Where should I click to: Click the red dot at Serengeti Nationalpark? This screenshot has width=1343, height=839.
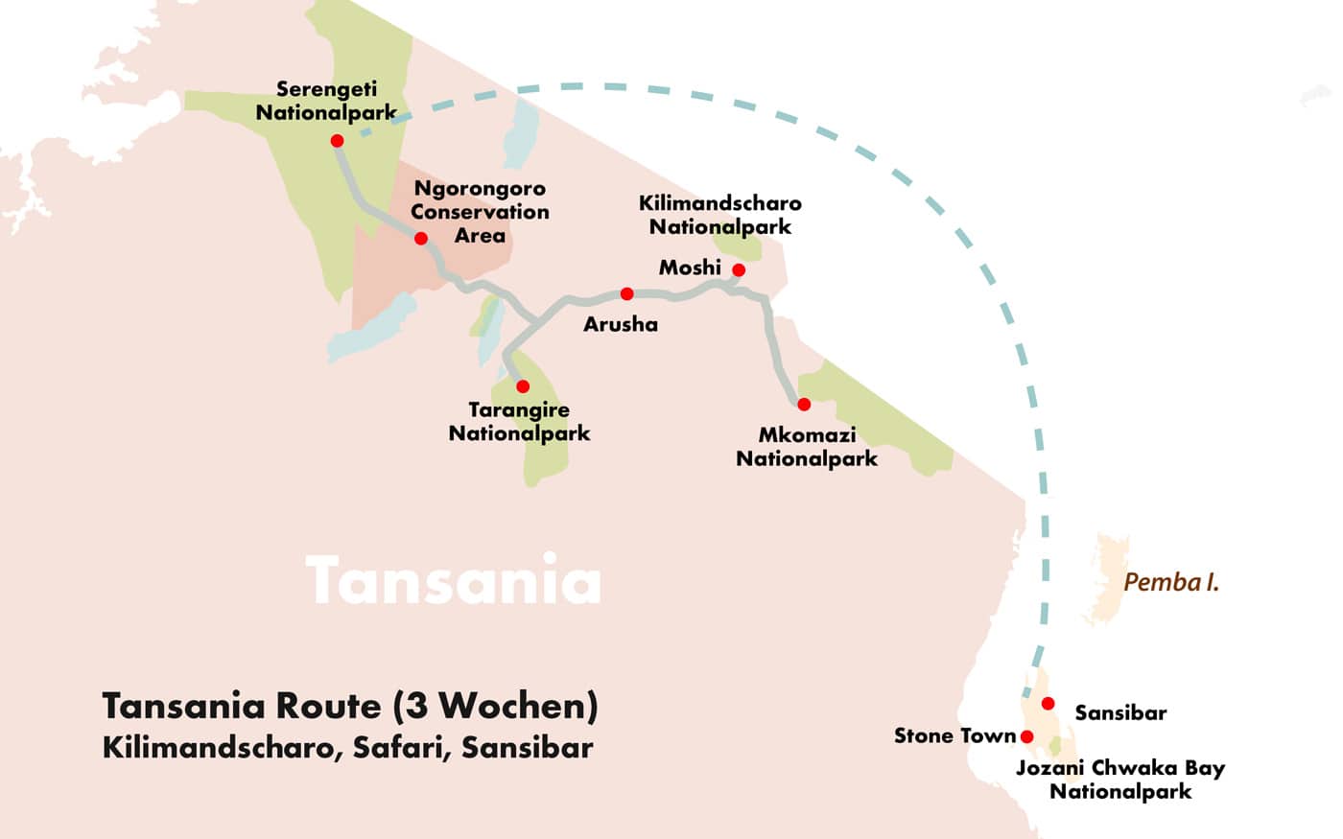pos(337,141)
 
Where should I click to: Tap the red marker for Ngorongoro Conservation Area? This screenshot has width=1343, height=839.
pos(420,238)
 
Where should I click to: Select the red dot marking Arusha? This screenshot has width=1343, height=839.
pos(626,293)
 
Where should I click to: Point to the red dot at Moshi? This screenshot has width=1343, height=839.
pos(739,269)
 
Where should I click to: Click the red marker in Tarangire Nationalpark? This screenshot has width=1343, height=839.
pos(523,386)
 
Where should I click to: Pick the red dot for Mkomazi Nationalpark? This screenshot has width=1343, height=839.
pos(804,405)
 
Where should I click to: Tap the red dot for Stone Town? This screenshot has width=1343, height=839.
pos(1027,736)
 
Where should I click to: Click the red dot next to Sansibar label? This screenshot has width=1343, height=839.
pos(1048,704)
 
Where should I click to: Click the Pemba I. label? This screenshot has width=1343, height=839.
pos(1170,582)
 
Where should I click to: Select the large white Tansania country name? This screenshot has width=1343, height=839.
pos(453,580)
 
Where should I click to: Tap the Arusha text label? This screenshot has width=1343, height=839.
pos(621,324)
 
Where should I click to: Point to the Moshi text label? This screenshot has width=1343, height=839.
pos(689,268)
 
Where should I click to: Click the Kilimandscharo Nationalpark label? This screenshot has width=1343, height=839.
pos(719,215)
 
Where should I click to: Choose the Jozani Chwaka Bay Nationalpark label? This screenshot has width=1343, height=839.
pos(1119,780)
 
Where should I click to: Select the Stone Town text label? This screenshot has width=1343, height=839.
pos(954,735)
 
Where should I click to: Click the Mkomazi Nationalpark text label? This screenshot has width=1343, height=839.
pos(806,447)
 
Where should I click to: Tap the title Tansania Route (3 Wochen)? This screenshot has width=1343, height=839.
pos(350,706)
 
